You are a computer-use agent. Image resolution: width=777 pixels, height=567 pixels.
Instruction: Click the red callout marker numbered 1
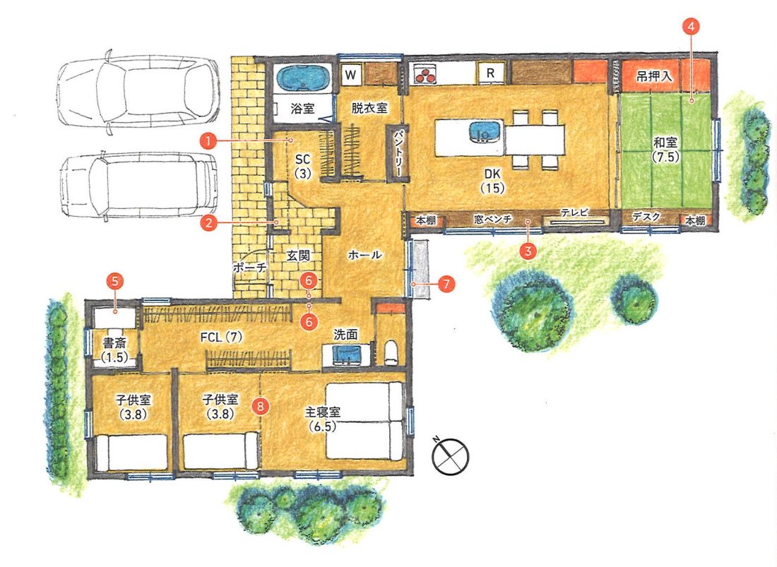(208, 141)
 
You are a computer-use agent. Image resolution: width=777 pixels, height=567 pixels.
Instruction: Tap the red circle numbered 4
(692, 26)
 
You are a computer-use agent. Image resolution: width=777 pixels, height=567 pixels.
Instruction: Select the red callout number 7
(446, 285)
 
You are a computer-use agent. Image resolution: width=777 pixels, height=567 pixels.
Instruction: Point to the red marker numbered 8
(260, 406)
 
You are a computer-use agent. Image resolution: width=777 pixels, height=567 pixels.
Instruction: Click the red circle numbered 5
(115, 282)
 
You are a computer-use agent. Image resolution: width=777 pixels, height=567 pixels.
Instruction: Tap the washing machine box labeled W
(351, 75)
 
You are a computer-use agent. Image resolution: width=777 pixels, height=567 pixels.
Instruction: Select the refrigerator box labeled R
(491, 73)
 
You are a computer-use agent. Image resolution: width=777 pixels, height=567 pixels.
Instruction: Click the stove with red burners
(424, 73)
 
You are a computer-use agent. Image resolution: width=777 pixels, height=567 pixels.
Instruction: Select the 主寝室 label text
(323, 412)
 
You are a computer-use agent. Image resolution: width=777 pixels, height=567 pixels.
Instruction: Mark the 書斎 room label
(114, 342)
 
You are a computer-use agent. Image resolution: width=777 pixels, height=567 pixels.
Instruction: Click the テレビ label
(575, 213)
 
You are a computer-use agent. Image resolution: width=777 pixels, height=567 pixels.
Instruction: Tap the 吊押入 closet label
(654, 76)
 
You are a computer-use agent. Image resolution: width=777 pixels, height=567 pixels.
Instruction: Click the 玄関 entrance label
(298, 256)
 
